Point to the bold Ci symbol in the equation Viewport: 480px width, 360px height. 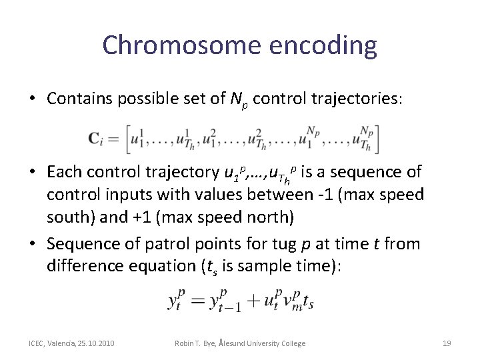click(x=95, y=139)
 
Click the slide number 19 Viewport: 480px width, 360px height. click(x=447, y=343)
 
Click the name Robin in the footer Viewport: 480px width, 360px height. click(x=183, y=343)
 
